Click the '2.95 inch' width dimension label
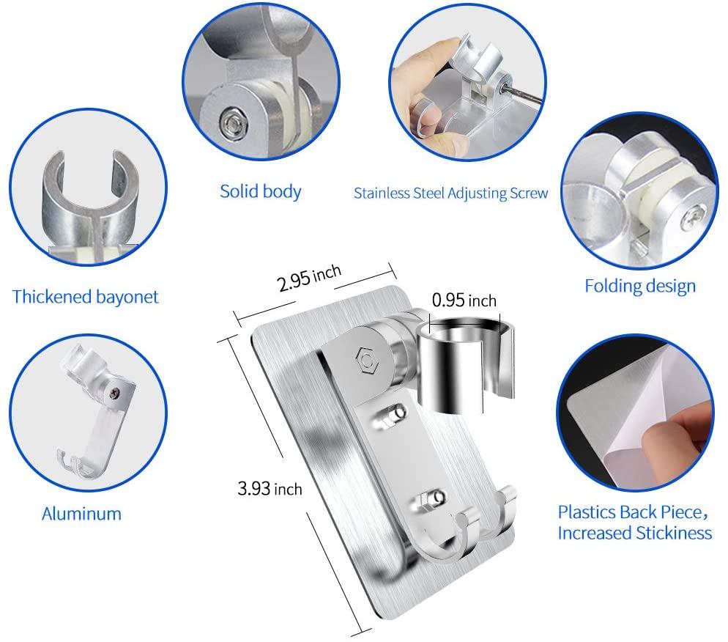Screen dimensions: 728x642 coord(309,278)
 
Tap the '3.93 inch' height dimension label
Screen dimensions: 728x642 coord(270,489)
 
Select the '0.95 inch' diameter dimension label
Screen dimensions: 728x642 coord(464,300)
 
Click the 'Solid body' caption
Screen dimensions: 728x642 coord(261,191)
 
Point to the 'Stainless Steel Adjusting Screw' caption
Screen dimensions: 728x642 coord(451,193)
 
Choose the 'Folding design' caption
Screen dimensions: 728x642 coord(640,286)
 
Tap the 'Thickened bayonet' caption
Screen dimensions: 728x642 coord(86,297)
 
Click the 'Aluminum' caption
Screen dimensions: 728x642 coord(82,514)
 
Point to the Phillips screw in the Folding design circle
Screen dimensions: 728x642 coord(688,218)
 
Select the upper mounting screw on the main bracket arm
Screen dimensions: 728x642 coord(396,413)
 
